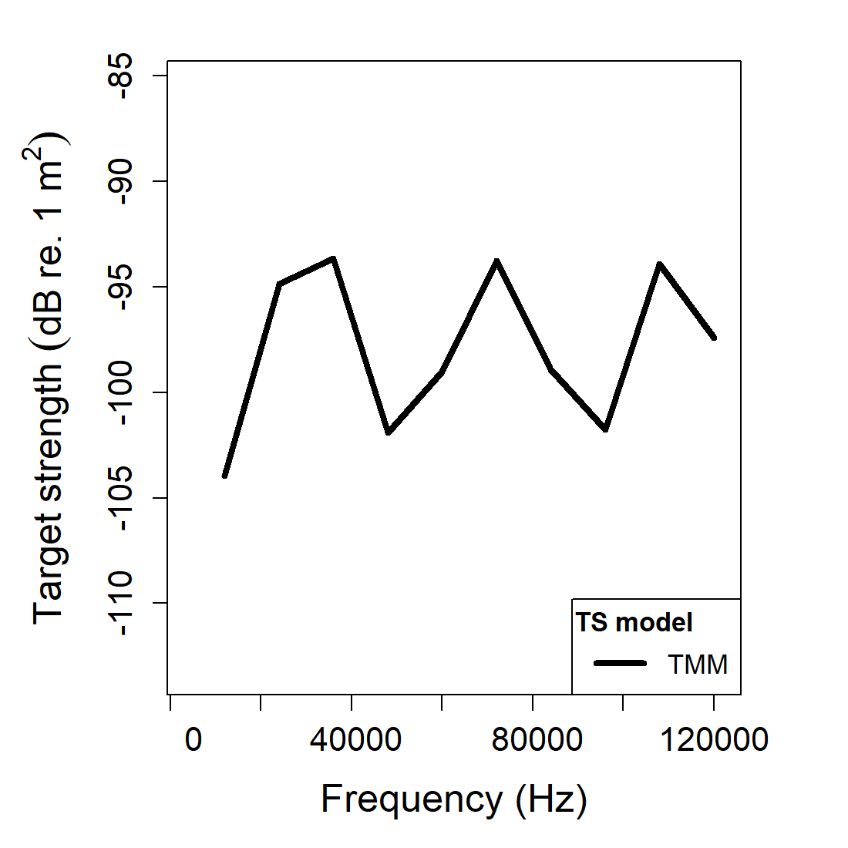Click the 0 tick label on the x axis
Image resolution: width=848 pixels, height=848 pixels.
click(193, 739)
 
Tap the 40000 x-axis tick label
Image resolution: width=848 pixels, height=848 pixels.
click(355, 739)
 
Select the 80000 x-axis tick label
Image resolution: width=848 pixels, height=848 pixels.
click(537, 739)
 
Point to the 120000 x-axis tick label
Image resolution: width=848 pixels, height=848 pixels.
click(714, 739)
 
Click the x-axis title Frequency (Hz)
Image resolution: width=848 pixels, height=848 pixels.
click(454, 799)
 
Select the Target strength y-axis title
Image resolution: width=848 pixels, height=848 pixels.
click(48, 378)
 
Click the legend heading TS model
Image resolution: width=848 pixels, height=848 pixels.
click(634, 622)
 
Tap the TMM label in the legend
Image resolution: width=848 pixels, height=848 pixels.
click(698, 665)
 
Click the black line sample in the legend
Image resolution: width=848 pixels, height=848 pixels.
click(620, 664)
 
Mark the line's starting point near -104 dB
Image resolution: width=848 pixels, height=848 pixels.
click(224, 476)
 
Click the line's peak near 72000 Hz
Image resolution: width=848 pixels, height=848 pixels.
click(497, 261)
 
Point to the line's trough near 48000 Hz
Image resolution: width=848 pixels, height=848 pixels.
click(389, 432)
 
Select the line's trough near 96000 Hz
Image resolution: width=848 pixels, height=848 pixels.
click(606, 429)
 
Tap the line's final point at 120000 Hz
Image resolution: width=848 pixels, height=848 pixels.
click(714, 338)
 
